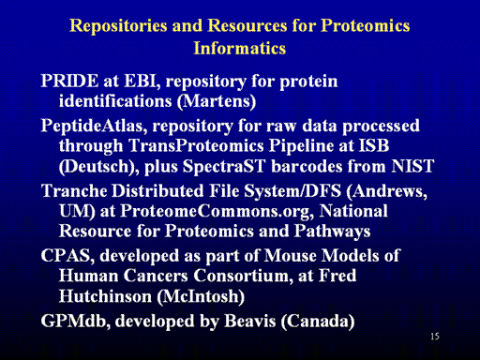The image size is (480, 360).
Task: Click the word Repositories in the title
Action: pyautogui.click(x=118, y=26)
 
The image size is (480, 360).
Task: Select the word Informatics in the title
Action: pyautogui.click(x=240, y=48)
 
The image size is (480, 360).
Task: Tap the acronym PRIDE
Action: pyautogui.click(x=69, y=81)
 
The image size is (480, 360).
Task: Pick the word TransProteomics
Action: pyautogui.click(x=196, y=146)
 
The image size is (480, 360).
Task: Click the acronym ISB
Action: pyautogui.click(x=374, y=145)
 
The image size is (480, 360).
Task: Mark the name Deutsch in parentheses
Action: pyautogui.click(x=97, y=166)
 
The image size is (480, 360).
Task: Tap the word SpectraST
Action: pyautogui.click(x=224, y=166)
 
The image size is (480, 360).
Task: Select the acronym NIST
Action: pyautogui.click(x=412, y=166)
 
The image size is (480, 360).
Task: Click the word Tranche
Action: pyautogui.click(x=74, y=190)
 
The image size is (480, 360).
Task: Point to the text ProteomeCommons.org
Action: pyautogui.click(x=217, y=211)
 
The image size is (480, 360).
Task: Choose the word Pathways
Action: pyautogui.click(x=332, y=232)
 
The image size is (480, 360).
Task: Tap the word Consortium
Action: pyautogui.click(x=243, y=276)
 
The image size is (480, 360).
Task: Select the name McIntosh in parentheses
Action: pyautogui.click(x=201, y=296)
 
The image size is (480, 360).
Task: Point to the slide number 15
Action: pyautogui.click(x=435, y=337)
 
